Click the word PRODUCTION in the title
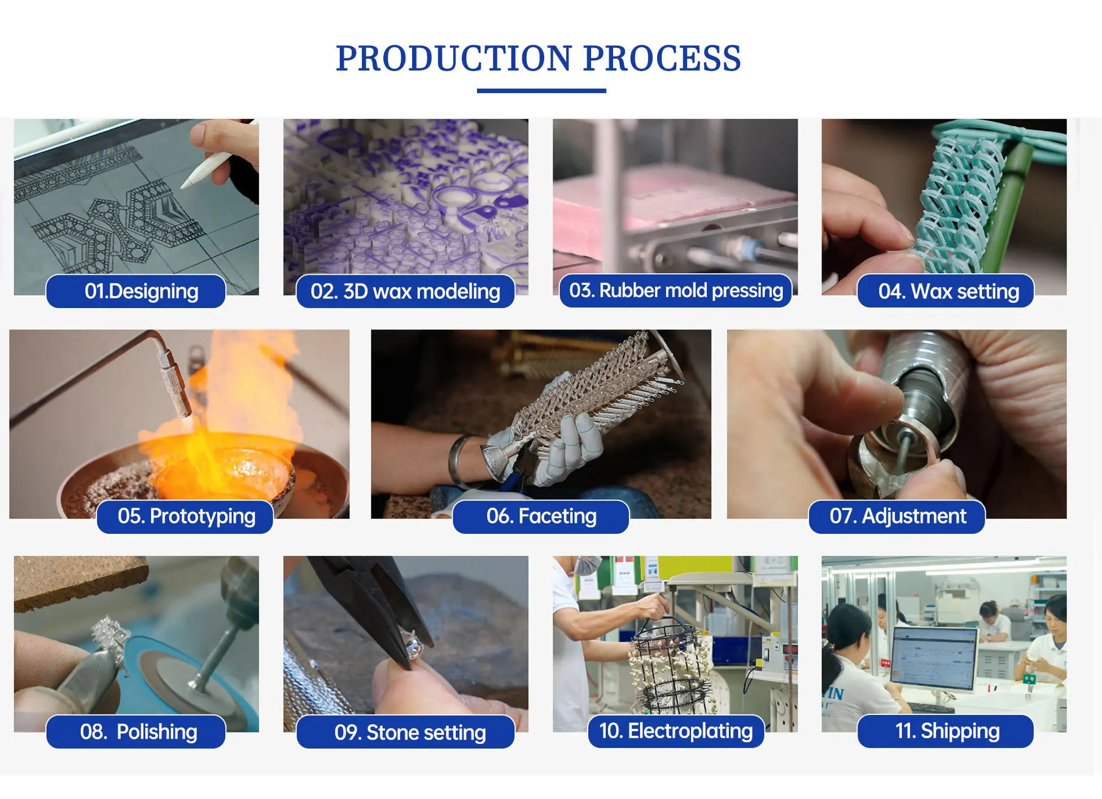point(454,58)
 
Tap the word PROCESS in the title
point(662,58)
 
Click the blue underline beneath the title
point(541,90)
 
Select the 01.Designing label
point(136,291)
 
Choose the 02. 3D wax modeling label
point(405,291)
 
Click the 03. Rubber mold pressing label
point(676,291)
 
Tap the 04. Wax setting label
point(946,291)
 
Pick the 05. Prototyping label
point(185,516)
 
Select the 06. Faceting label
point(541,516)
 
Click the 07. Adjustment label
point(897,516)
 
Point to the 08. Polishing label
point(136,732)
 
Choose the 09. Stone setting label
point(405,732)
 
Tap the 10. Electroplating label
point(676,731)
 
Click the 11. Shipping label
point(946,731)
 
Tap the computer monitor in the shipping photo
point(934,659)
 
